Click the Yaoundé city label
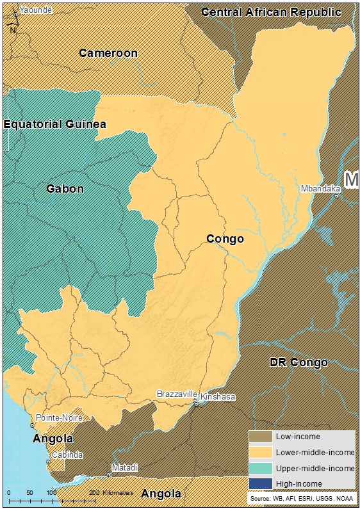[37, 10]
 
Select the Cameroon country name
[108, 53]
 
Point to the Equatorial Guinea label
[54, 124]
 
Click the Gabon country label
[65, 189]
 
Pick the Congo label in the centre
[225, 239]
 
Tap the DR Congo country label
[299, 362]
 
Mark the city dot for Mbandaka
[336, 195]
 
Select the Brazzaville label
[175, 394]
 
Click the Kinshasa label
[218, 397]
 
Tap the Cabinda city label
[67, 455]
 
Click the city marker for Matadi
[108, 474]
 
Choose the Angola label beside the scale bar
[161, 494]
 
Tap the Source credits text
[300, 497]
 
